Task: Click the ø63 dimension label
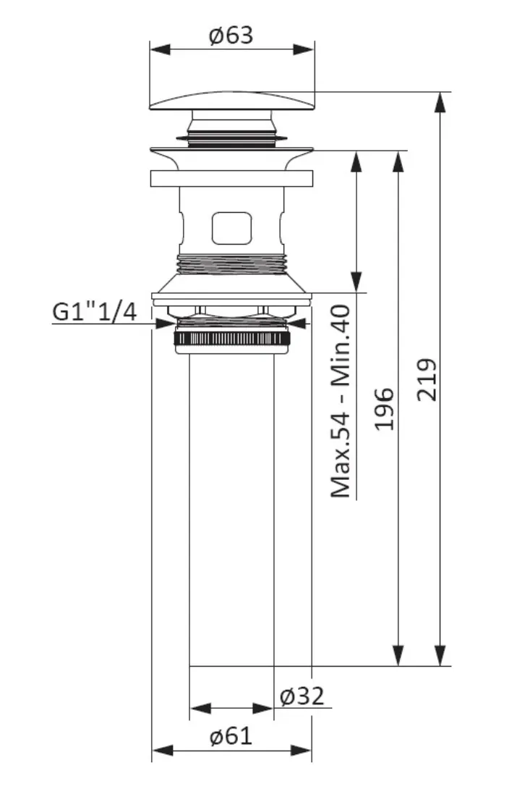click(x=231, y=35)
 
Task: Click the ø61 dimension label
click(x=231, y=735)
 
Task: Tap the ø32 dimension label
click(x=302, y=696)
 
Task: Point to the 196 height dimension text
click(x=385, y=409)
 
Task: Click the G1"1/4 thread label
click(x=95, y=311)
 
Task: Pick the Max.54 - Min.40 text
click(x=341, y=401)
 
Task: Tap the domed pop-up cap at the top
click(x=232, y=101)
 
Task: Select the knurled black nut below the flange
click(x=232, y=339)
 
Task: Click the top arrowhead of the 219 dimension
click(x=440, y=104)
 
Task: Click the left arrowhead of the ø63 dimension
click(x=160, y=49)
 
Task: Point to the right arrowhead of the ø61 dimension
click(x=301, y=750)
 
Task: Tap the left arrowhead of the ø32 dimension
click(x=200, y=708)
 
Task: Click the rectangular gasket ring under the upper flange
click(x=231, y=178)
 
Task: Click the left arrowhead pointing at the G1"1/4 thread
click(x=164, y=324)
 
